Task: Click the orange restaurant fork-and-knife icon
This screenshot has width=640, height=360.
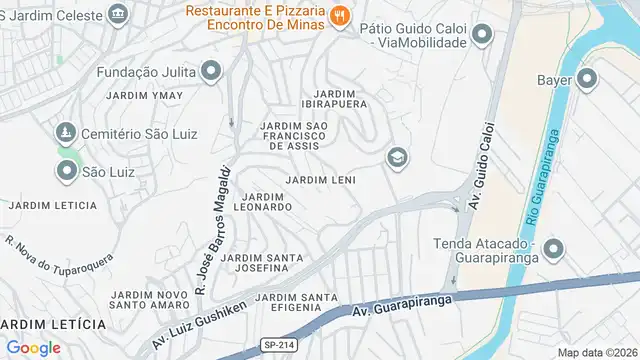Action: tap(340, 15)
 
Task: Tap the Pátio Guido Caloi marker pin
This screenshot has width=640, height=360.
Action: tap(483, 36)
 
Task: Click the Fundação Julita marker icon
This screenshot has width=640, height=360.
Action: tap(211, 71)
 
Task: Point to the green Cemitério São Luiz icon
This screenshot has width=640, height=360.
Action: tap(66, 132)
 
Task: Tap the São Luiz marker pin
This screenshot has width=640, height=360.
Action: tap(66, 171)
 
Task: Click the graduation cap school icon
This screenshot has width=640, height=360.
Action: tap(397, 157)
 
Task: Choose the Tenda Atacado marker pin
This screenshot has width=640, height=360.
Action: tap(555, 249)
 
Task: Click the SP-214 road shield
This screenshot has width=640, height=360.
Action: tap(279, 344)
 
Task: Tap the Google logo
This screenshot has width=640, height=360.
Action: tap(33, 347)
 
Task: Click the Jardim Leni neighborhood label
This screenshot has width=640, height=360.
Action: tap(320, 179)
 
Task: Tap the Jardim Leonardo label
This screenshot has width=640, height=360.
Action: tap(263, 201)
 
